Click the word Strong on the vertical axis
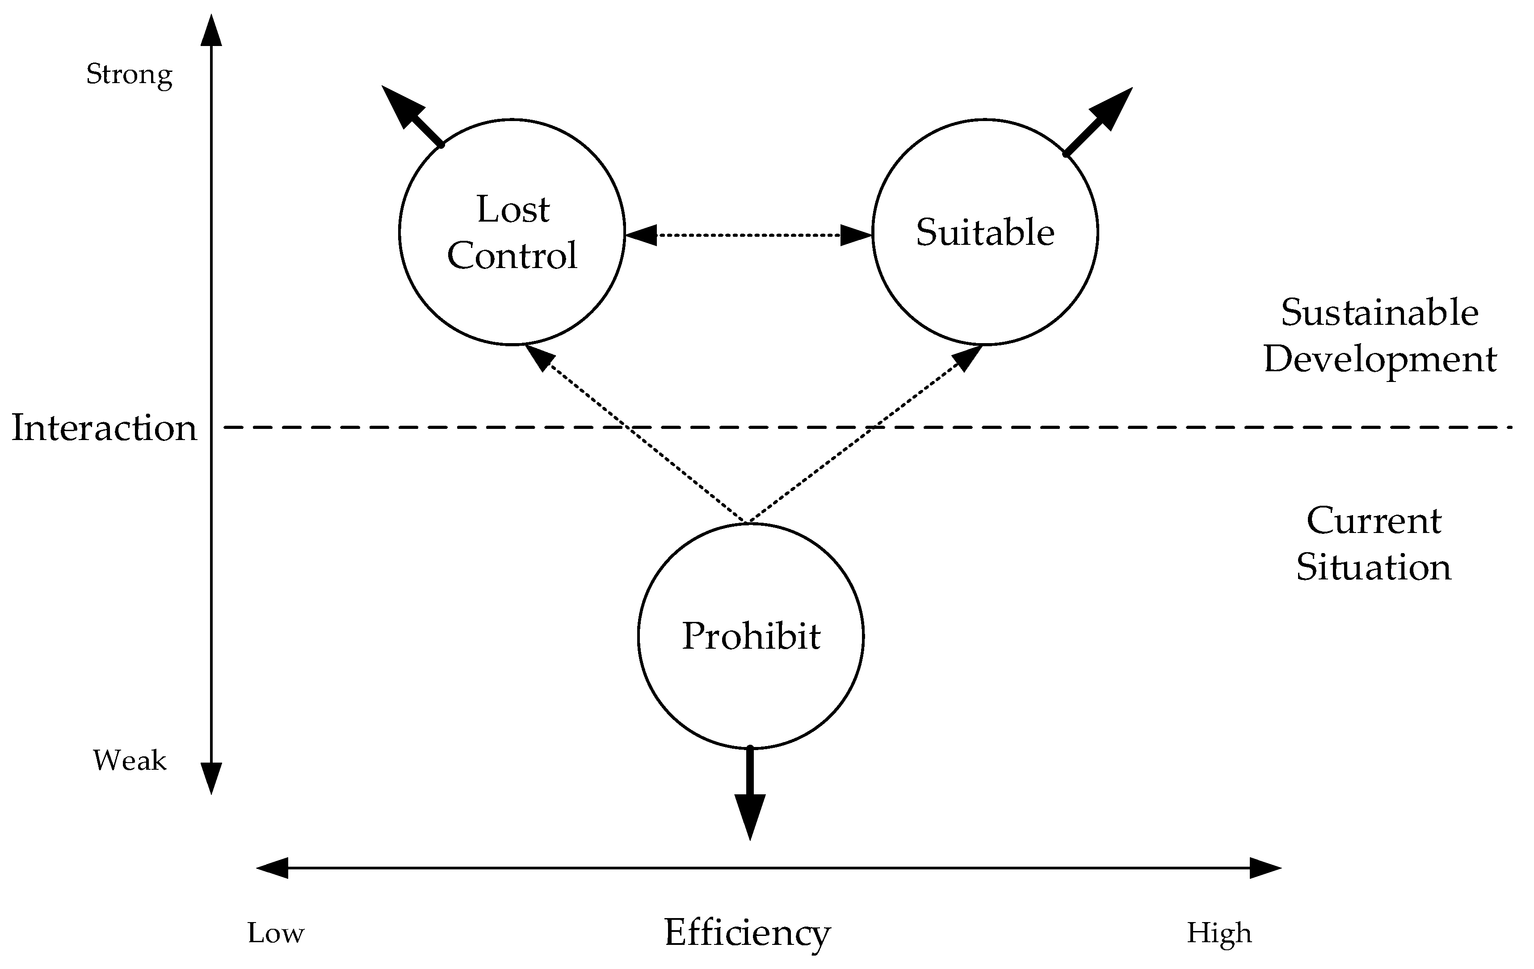129,75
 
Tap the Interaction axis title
105,428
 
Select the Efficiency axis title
747,933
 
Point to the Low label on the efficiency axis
276,933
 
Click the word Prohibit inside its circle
751,636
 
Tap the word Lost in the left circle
513,209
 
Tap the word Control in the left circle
512,256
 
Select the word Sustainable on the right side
1380,313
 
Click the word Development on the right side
1380,359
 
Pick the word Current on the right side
1374,521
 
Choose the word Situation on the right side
1374,567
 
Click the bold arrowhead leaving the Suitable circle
1112,108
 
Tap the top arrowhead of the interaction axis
211,32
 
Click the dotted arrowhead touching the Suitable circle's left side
856,235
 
